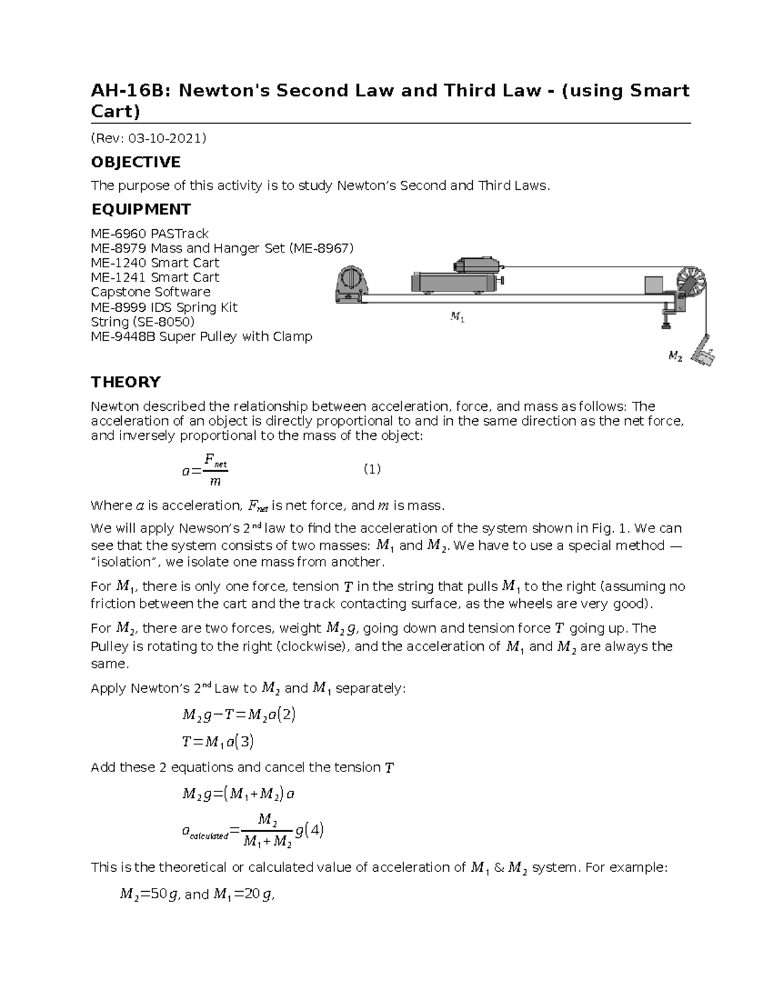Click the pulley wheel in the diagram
coord(690,283)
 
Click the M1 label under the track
coord(457,317)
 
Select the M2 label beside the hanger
coord(674,356)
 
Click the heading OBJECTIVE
coord(136,162)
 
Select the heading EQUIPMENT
coord(141,209)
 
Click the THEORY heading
coord(126,382)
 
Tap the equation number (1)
coord(372,469)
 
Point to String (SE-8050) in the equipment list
coord(142,321)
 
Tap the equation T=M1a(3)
coord(218,742)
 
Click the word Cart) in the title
coord(115,111)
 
